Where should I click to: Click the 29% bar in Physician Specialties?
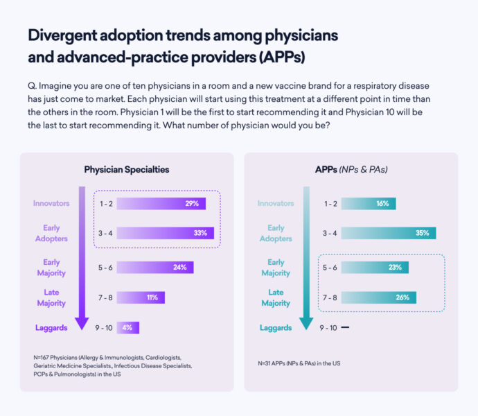click(161, 204)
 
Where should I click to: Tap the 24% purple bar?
click(154, 267)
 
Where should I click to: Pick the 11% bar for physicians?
click(141, 297)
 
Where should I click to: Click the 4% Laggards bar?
click(128, 327)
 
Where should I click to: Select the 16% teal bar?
click(368, 204)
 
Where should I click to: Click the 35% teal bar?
click(388, 233)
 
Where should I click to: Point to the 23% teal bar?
click(375, 267)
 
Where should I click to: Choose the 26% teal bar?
click(379, 297)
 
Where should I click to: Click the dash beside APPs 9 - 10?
click(345, 327)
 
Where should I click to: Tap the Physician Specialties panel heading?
click(127, 169)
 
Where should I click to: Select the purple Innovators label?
click(51, 204)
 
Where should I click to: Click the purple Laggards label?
click(51, 327)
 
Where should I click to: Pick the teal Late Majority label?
click(276, 297)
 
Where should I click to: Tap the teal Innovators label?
click(276, 204)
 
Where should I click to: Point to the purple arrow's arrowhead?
click(82, 323)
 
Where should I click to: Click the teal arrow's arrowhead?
click(306, 323)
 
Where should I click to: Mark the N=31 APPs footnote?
click(299, 363)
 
